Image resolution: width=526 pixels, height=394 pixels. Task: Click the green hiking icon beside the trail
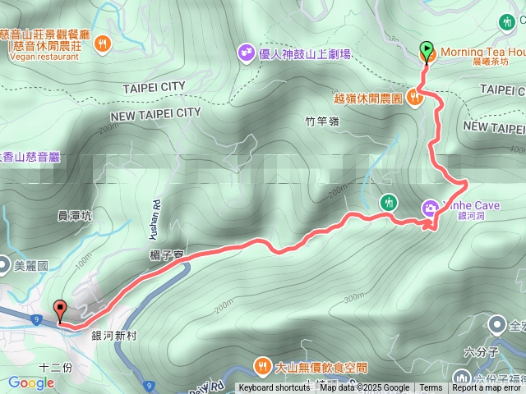click(388, 202)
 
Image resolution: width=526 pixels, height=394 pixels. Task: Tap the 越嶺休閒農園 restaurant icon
click(415, 98)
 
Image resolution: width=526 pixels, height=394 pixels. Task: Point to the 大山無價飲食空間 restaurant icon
click(262, 365)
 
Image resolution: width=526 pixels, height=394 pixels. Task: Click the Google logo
click(31, 383)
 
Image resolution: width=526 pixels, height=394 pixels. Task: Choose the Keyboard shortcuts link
click(275, 388)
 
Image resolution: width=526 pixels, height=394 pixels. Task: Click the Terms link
click(431, 388)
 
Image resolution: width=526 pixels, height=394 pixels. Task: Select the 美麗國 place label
click(31, 266)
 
